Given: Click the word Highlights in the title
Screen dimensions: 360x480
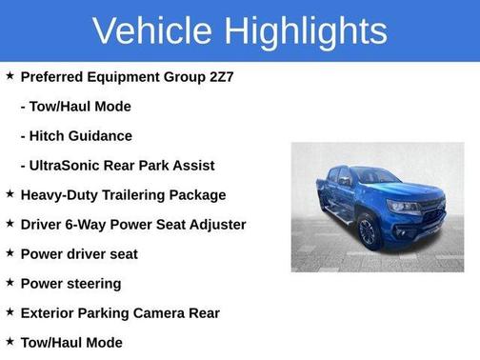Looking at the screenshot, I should click(306, 30).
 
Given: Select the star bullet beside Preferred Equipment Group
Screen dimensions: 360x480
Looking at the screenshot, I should click(10, 75).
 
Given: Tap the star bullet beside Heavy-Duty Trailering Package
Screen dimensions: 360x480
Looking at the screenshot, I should click(10, 193).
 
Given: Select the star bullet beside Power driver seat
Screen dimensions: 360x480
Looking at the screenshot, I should click(10, 252).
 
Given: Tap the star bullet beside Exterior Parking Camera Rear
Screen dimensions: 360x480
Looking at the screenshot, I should click(10, 311).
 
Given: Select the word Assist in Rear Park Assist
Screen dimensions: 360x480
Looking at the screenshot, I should click(192, 165).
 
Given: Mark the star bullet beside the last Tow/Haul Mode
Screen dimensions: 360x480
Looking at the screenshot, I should click(10, 341).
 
